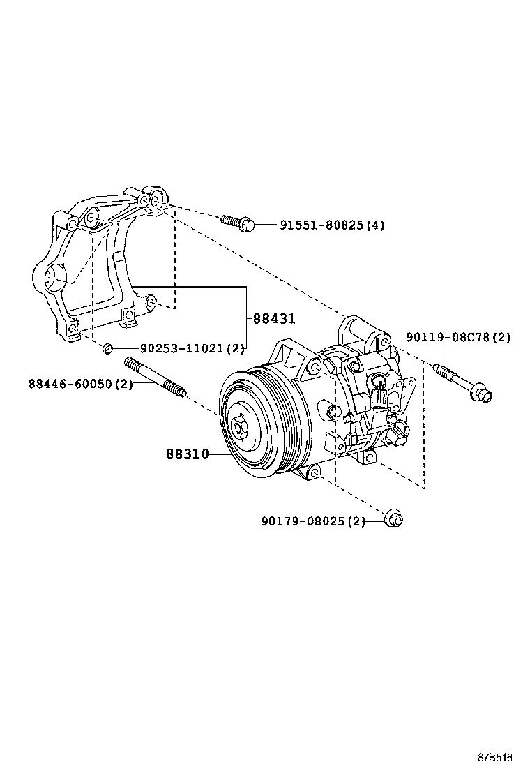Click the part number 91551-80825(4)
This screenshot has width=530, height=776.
pos(332,225)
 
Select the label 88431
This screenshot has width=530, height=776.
pos(274,319)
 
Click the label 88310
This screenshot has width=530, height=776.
pos(187,454)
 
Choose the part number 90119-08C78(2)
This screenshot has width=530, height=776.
pos(459,338)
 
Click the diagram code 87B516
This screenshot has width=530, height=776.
pos(495,757)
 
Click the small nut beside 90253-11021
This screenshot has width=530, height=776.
pos(107,348)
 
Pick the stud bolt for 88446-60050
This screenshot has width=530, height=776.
pos(155,379)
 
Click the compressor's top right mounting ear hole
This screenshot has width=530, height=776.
pos(383,341)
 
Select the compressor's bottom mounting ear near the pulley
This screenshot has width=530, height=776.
pos(315,474)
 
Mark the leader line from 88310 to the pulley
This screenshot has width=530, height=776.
pos(220,454)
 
